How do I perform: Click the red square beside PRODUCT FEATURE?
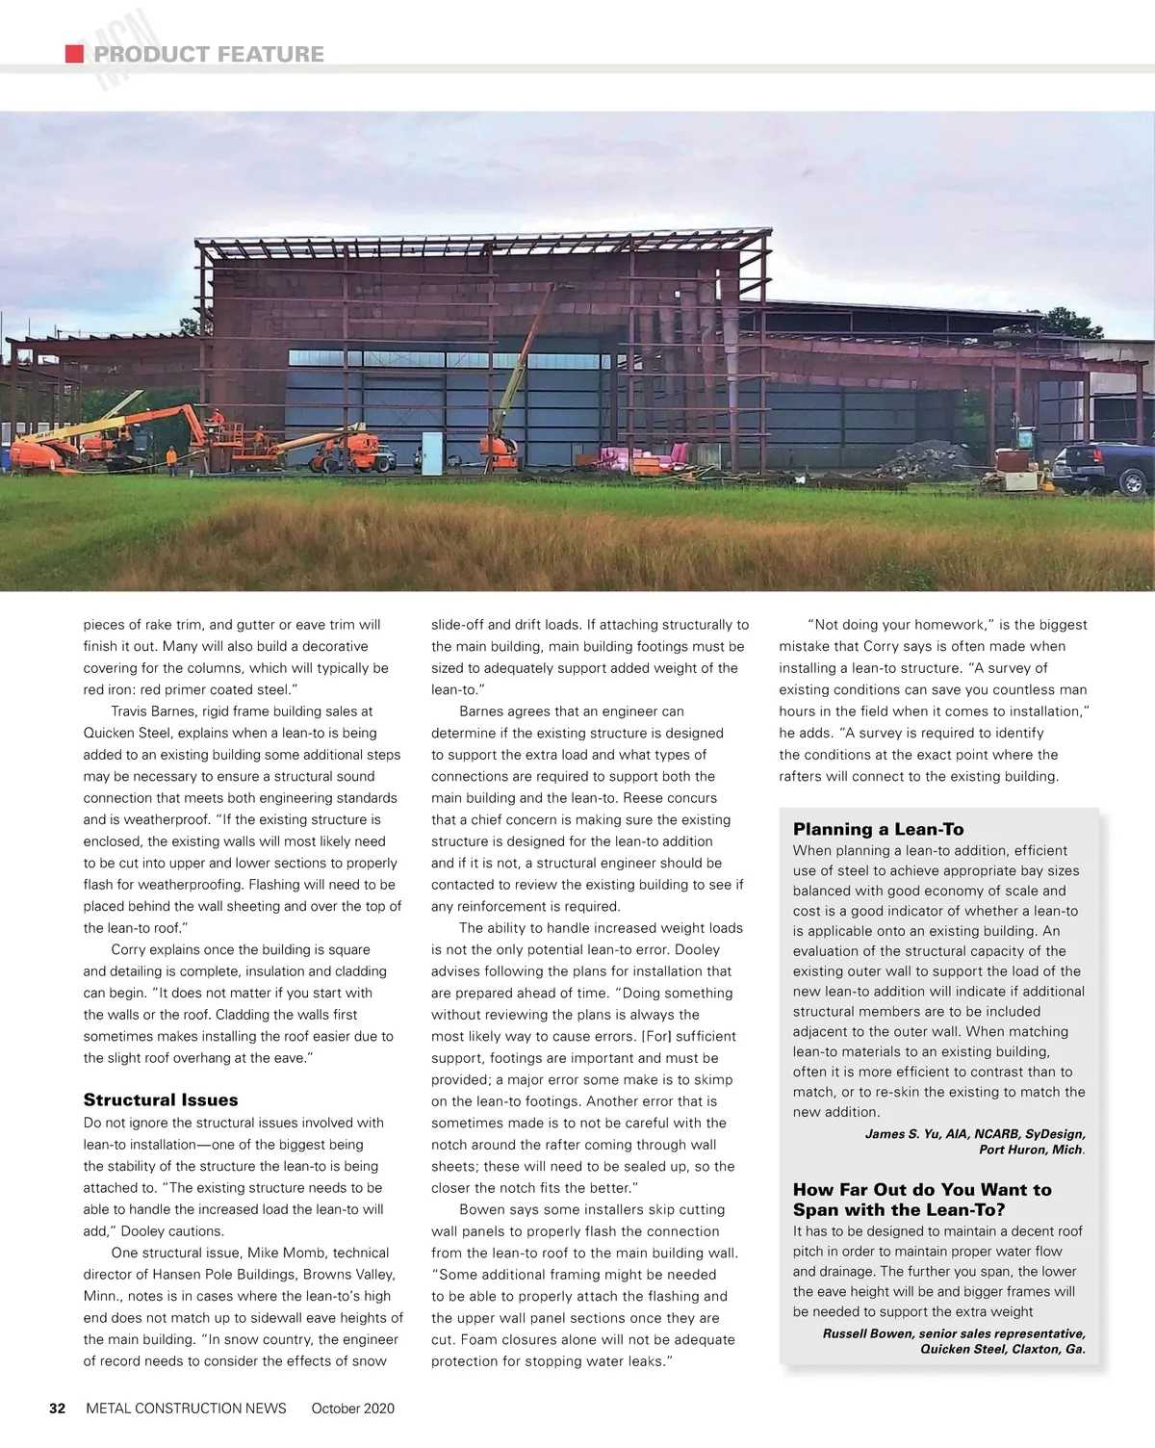pyautogui.click(x=74, y=54)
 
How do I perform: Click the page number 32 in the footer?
pyautogui.click(x=58, y=1409)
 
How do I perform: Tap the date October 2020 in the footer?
pyautogui.click(x=352, y=1409)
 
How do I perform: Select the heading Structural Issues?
pyautogui.click(x=161, y=1099)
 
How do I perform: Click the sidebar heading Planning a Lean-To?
pyautogui.click(x=878, y=829)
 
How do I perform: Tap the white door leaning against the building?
pyautogui.click(x=431, y=452)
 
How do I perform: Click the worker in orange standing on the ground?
pyautogui.click(x=172, y=459)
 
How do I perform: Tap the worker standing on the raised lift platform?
pyautogui.click(x=218, y=421)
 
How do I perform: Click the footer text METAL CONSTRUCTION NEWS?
pyautogui.click(x=186, y=1409)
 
